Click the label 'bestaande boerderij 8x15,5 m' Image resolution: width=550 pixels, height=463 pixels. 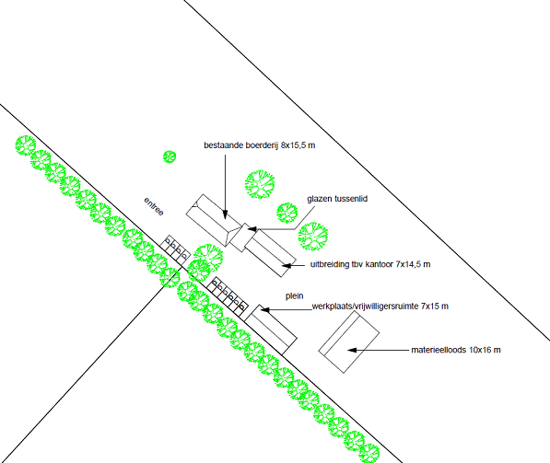260,145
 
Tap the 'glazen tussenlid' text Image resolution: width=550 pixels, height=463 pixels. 337,199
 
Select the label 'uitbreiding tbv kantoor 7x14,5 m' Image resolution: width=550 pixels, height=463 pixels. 370,264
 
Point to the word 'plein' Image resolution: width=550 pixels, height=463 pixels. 294,296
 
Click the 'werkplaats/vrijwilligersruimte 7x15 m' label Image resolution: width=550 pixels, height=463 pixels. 380,307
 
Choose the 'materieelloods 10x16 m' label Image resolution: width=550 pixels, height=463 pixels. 456,350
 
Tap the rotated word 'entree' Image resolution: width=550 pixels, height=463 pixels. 154,206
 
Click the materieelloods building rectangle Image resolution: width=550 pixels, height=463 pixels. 349,342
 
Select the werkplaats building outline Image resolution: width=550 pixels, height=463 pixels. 271,330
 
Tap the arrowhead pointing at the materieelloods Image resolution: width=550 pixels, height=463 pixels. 352,350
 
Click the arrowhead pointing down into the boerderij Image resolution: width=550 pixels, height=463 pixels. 225,214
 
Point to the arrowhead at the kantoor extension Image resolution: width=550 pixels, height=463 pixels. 287,266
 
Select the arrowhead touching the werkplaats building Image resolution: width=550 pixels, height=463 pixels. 264,310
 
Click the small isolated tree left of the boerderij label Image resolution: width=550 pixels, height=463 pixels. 170,156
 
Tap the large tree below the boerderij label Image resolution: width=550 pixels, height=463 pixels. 260,184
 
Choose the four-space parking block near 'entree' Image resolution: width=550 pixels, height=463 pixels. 175,249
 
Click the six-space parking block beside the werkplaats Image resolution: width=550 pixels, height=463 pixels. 228,298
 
